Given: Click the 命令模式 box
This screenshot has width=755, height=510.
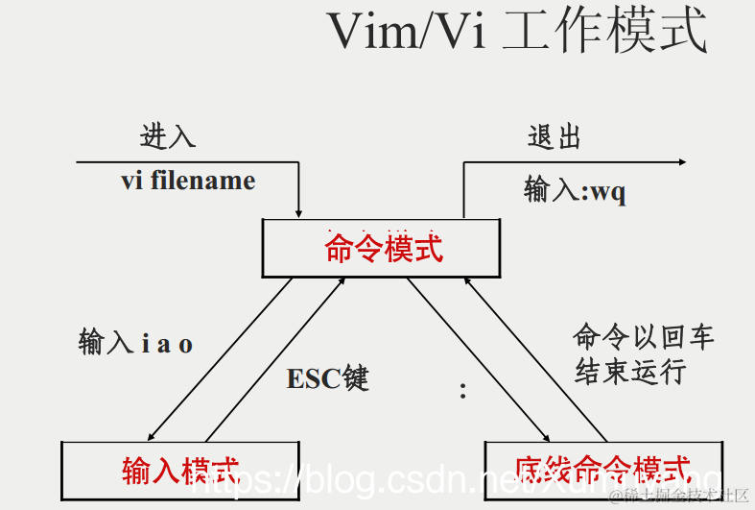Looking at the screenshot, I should [383, 248].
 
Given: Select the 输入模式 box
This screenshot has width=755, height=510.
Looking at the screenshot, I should [179, 470].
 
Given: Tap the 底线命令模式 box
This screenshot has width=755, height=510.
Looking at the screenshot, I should [602, 470].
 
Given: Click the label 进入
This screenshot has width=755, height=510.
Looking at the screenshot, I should [168, 136].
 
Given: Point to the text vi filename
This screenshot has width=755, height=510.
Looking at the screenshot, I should [188, 181].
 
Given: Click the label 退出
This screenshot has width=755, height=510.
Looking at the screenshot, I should [554, 136].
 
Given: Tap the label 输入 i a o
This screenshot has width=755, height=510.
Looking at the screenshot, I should [135, 343].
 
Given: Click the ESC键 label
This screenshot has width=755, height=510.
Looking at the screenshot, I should [327, 378].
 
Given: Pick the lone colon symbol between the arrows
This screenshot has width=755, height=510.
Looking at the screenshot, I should [462, 390].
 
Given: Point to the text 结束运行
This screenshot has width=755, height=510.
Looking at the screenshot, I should [630, 372].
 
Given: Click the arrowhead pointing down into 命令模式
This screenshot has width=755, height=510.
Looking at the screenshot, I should [300, 211].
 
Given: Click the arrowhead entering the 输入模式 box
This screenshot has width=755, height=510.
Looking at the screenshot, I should [153, 434].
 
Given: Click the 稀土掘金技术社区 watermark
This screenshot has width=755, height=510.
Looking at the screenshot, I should [687, 495].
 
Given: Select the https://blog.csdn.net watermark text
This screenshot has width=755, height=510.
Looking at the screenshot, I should [384, 481].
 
